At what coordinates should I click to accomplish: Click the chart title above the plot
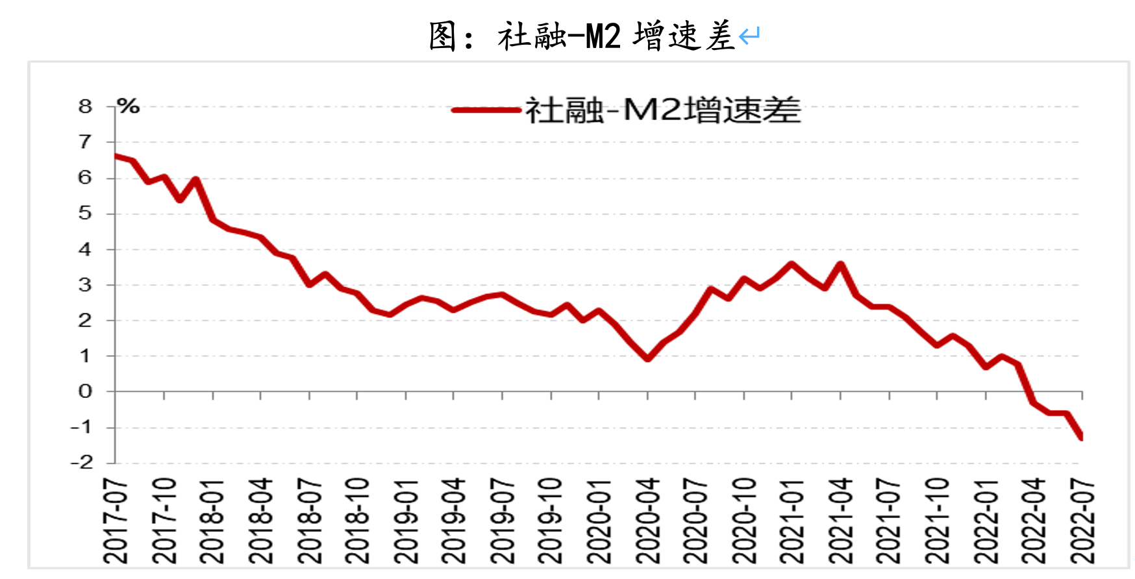click(582, 36)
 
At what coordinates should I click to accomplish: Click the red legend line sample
click(486, 110)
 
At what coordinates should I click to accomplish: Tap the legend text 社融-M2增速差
click(663, 110)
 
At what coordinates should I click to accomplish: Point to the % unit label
click(129, 106)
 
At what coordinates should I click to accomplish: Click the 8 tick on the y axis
click(85, 106)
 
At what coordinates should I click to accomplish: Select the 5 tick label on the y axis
click(85, 213)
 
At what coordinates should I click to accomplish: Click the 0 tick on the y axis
click(85, 391)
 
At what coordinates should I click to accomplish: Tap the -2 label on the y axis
click(82, 463)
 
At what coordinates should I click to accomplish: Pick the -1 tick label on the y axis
click(82, 427)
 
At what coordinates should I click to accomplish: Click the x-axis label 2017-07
click(116, 521)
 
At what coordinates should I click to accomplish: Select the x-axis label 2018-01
click(212, 521)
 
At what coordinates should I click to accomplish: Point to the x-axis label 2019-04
click(454, 521)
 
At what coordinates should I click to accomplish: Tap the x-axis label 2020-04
click(647, 521)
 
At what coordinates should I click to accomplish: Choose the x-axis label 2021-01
click(792, 521)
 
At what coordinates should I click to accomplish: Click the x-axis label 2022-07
click(1082, 521)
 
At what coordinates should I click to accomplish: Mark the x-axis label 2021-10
click(937, 521)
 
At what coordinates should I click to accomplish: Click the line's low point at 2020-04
click(647, 358)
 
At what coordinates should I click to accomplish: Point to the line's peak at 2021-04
click(841, 264)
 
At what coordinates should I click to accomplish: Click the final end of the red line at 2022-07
click(1082, 437)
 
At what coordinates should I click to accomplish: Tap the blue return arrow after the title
click(749, 36)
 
